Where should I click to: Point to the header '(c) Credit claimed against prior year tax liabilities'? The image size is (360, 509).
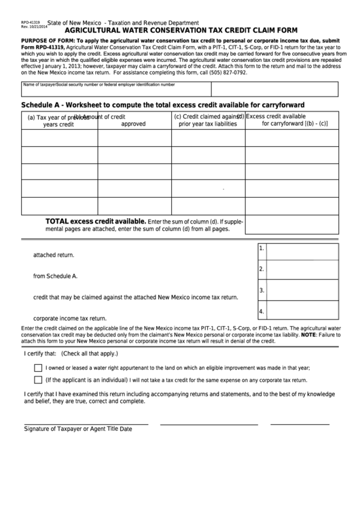[x=207, y=120]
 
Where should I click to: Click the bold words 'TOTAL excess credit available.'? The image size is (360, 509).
[x=95, y=222]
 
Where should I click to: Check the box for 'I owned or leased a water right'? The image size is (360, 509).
[x=38, y=368]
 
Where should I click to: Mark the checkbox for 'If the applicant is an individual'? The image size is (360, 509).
[x=38, y=380]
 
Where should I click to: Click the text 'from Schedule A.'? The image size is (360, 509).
[x=56, y=276]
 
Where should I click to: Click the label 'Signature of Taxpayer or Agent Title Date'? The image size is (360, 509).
[x=78, y=429]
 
